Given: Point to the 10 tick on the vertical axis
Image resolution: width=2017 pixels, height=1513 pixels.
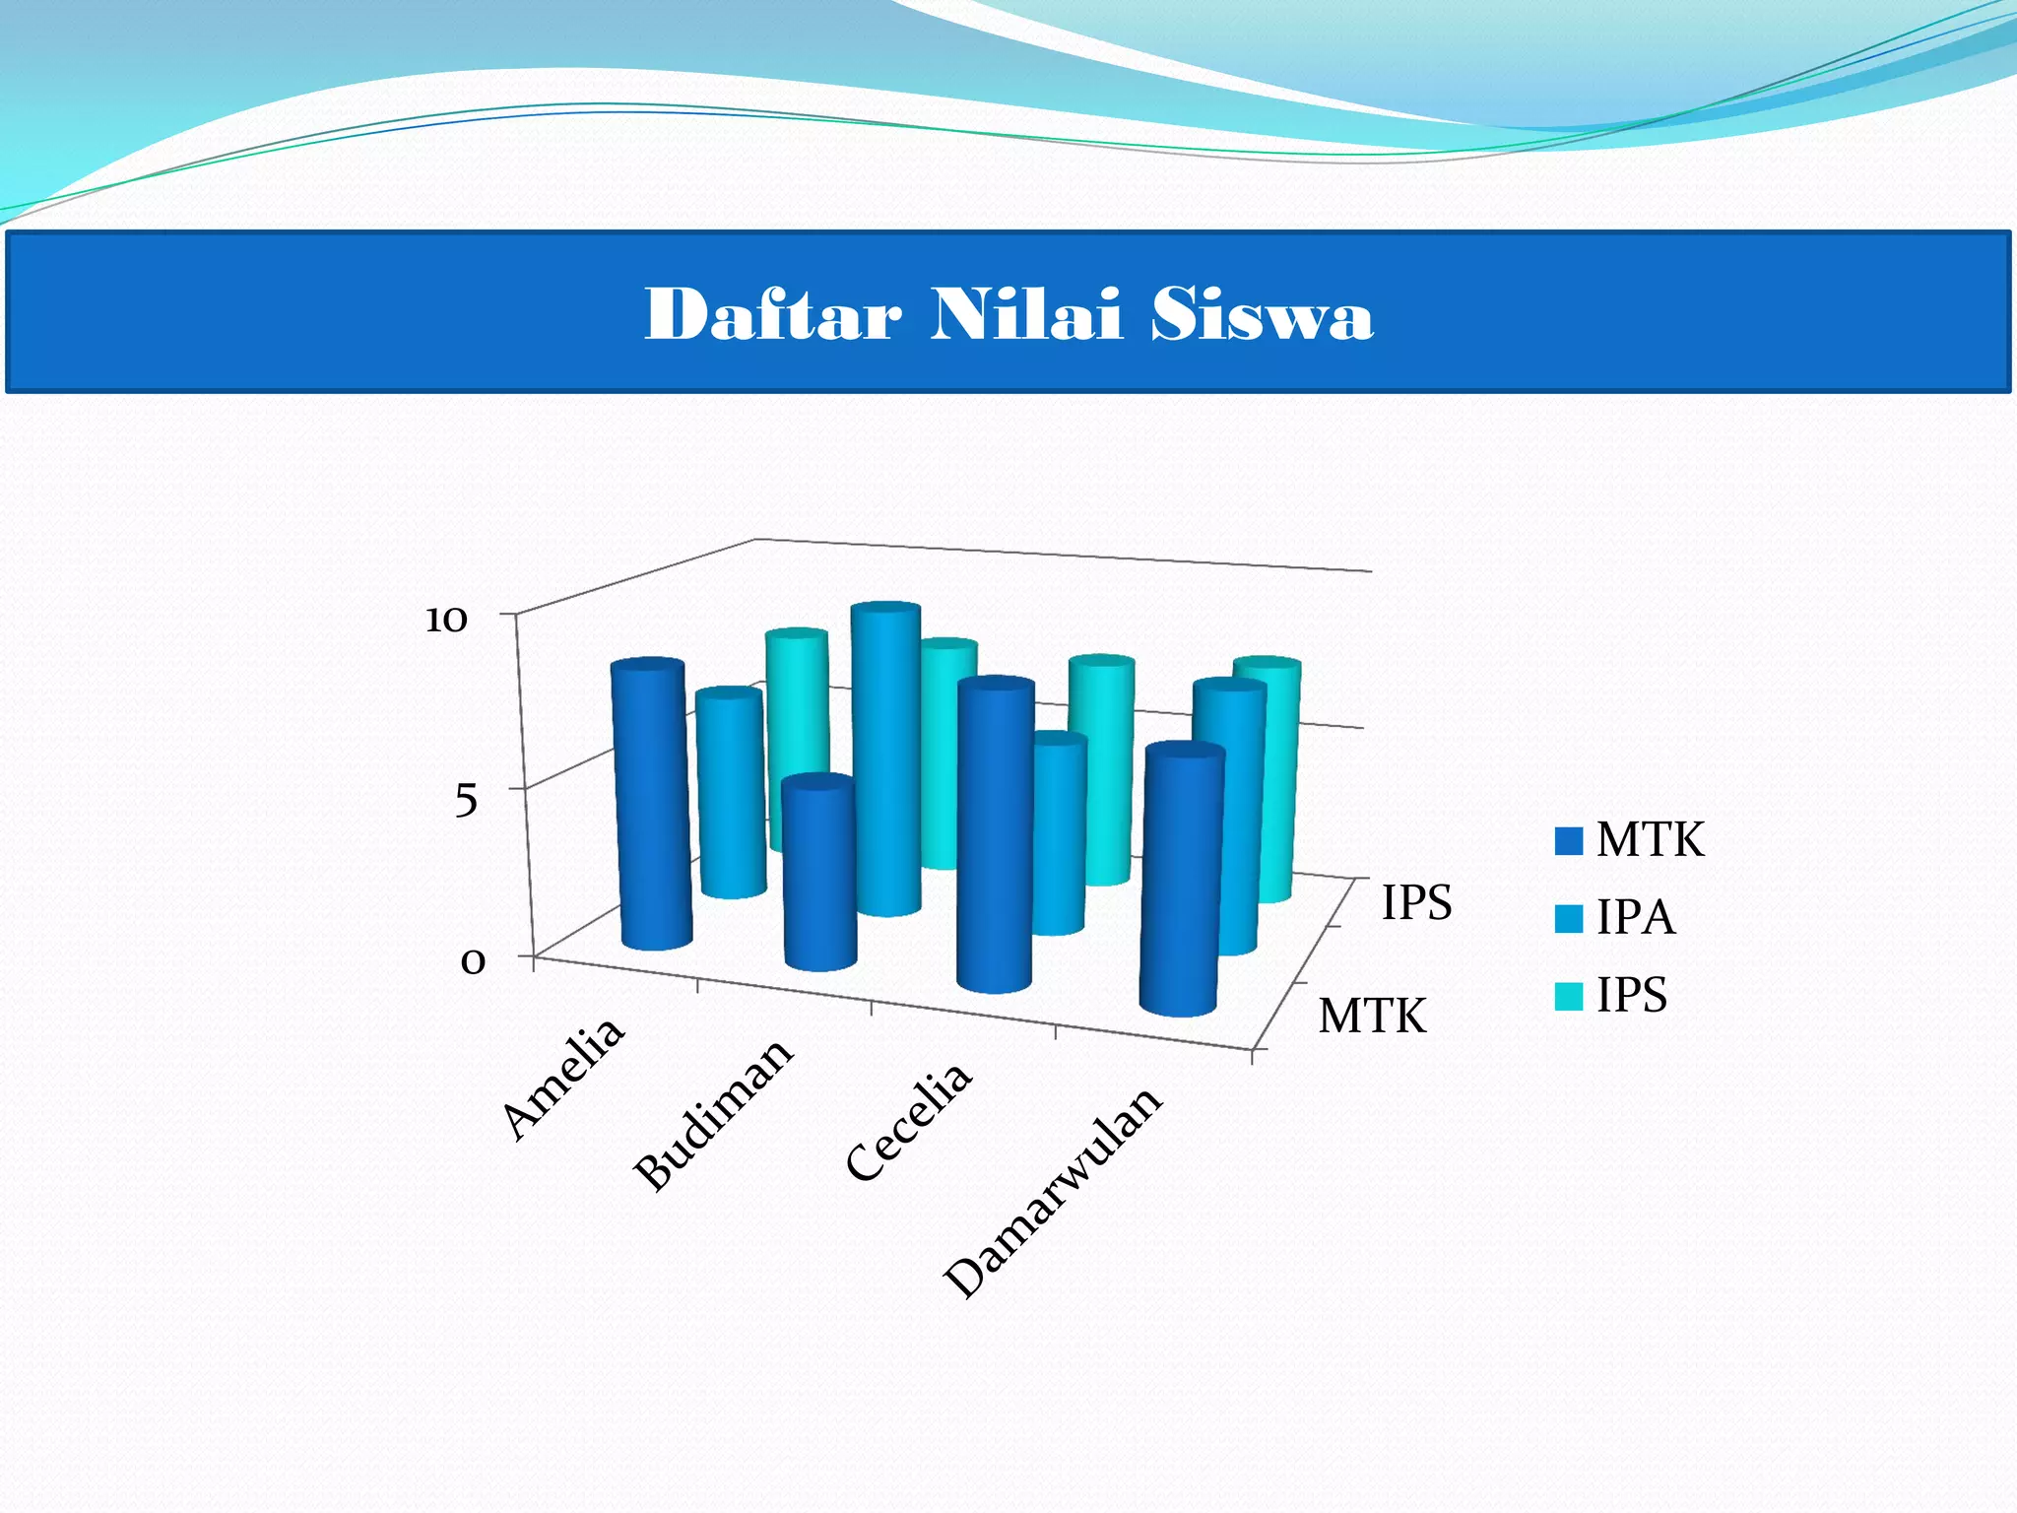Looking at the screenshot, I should (x=445, y=620).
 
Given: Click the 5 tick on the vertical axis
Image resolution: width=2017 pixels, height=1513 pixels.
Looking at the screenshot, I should (x=466, y=799).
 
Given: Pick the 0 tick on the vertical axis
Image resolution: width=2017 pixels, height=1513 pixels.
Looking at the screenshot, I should (x=473, y=960).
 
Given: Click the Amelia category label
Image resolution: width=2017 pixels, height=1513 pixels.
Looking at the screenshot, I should (x=563, y=1078).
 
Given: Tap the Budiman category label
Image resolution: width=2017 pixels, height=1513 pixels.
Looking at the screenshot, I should (x=713, y=1114).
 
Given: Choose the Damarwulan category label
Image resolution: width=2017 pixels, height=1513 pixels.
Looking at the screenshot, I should (x=1053, y=1193).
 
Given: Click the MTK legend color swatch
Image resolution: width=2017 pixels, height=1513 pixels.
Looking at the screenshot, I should (x=1568, y=841).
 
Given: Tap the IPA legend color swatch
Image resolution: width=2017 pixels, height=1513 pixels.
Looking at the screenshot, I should (x=1568, y=918).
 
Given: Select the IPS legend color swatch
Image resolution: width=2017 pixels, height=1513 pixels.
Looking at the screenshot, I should (x=1568, y=996).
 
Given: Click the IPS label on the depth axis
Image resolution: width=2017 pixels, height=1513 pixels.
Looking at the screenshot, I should (x=1416, y=902).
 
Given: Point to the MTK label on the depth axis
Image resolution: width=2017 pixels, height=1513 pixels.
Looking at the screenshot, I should (x=1372, y=1016).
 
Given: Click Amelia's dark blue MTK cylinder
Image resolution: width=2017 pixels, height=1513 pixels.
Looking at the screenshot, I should (x=652, y=808).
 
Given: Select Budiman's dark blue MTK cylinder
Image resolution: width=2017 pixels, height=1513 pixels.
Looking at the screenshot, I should (x=819, y=877).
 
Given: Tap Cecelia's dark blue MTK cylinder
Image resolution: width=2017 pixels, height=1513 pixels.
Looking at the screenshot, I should (x=995, y=837).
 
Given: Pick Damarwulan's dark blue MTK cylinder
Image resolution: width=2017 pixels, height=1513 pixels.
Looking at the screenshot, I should (x=1182, y=882).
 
